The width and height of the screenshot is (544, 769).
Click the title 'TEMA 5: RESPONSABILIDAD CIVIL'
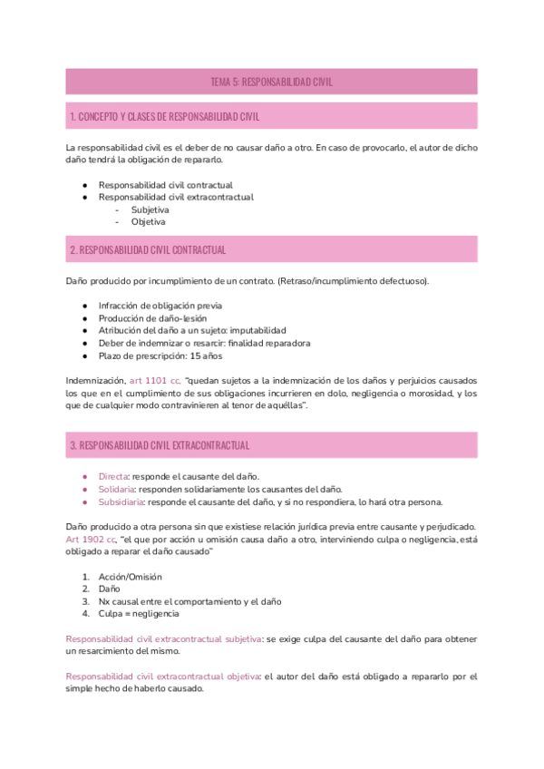click(271, 82)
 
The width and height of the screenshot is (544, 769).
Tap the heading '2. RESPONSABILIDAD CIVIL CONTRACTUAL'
click(148, 249)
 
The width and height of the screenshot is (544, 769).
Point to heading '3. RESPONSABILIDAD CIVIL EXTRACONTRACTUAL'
click(160, 445)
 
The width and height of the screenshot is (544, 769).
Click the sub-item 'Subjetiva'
click(150, 209)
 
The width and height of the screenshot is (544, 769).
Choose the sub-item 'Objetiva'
click(148, 221)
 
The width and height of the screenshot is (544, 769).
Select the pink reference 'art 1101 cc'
click(155, 381)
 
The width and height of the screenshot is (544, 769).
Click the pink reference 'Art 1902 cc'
click(91, 539)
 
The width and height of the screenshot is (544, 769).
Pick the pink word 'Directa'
click(115, 476)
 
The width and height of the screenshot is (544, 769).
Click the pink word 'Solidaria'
click(118, 489)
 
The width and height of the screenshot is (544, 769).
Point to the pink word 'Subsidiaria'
click(122, 501)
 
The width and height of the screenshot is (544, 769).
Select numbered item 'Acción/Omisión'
click(132, 577)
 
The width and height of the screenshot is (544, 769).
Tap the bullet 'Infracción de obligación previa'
click(160, 305)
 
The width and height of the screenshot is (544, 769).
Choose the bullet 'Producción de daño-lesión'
click(152, 317)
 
